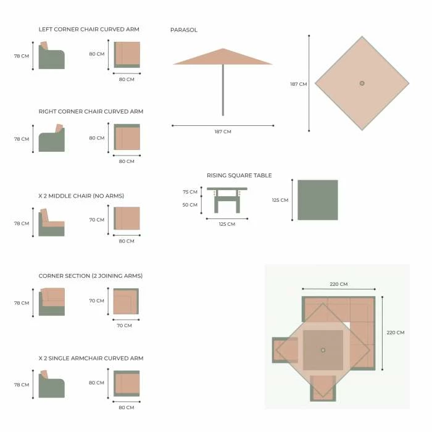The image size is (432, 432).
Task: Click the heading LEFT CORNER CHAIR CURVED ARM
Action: pyautogui.click(x=89, y=29)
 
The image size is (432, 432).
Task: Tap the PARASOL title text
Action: pyautogui.click(x=184, y=30)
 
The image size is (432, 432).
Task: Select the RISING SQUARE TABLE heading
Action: pyautogui.click(x=239, y=175)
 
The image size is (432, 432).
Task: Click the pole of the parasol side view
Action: pyautogui.click(x=223, y=90)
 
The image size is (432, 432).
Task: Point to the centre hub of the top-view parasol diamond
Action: pyautogui.click(x=362, y=83)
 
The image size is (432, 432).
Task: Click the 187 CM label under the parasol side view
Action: pyautogui.click(x=223, y=131)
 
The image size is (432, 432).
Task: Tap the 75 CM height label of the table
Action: pyautogui.click(x=190, y=192)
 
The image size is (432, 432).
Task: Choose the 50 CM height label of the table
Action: pyautogui.click(x=190, y=205)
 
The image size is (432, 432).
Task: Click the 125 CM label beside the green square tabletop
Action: pyautogui.click(x=280, y=200)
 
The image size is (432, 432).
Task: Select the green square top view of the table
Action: pyautogui.click(x=318, y=200)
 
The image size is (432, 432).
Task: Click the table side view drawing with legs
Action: pyautogui.click(x=227, y=200)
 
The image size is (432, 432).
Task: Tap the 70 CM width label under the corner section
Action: pyautogui.click(x=124, y=325)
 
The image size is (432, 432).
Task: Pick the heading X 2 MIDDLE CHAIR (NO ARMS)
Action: pyautogui.click(x=81, y=196)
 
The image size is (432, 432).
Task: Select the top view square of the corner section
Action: pyautogui.click(x=126, y=301)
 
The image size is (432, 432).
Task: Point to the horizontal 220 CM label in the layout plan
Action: pyautogui.click(x=339, y=284)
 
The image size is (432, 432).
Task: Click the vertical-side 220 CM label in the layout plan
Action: pyautogui.click(x=396, y=333)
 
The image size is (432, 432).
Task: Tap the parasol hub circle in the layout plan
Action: pyautogui.click(x=323, y=350)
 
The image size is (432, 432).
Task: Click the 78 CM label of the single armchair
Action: pyautogui.click(x=22, y=384)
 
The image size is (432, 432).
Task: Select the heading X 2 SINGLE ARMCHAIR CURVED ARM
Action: pyautogui.click(x=91, y=358)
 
